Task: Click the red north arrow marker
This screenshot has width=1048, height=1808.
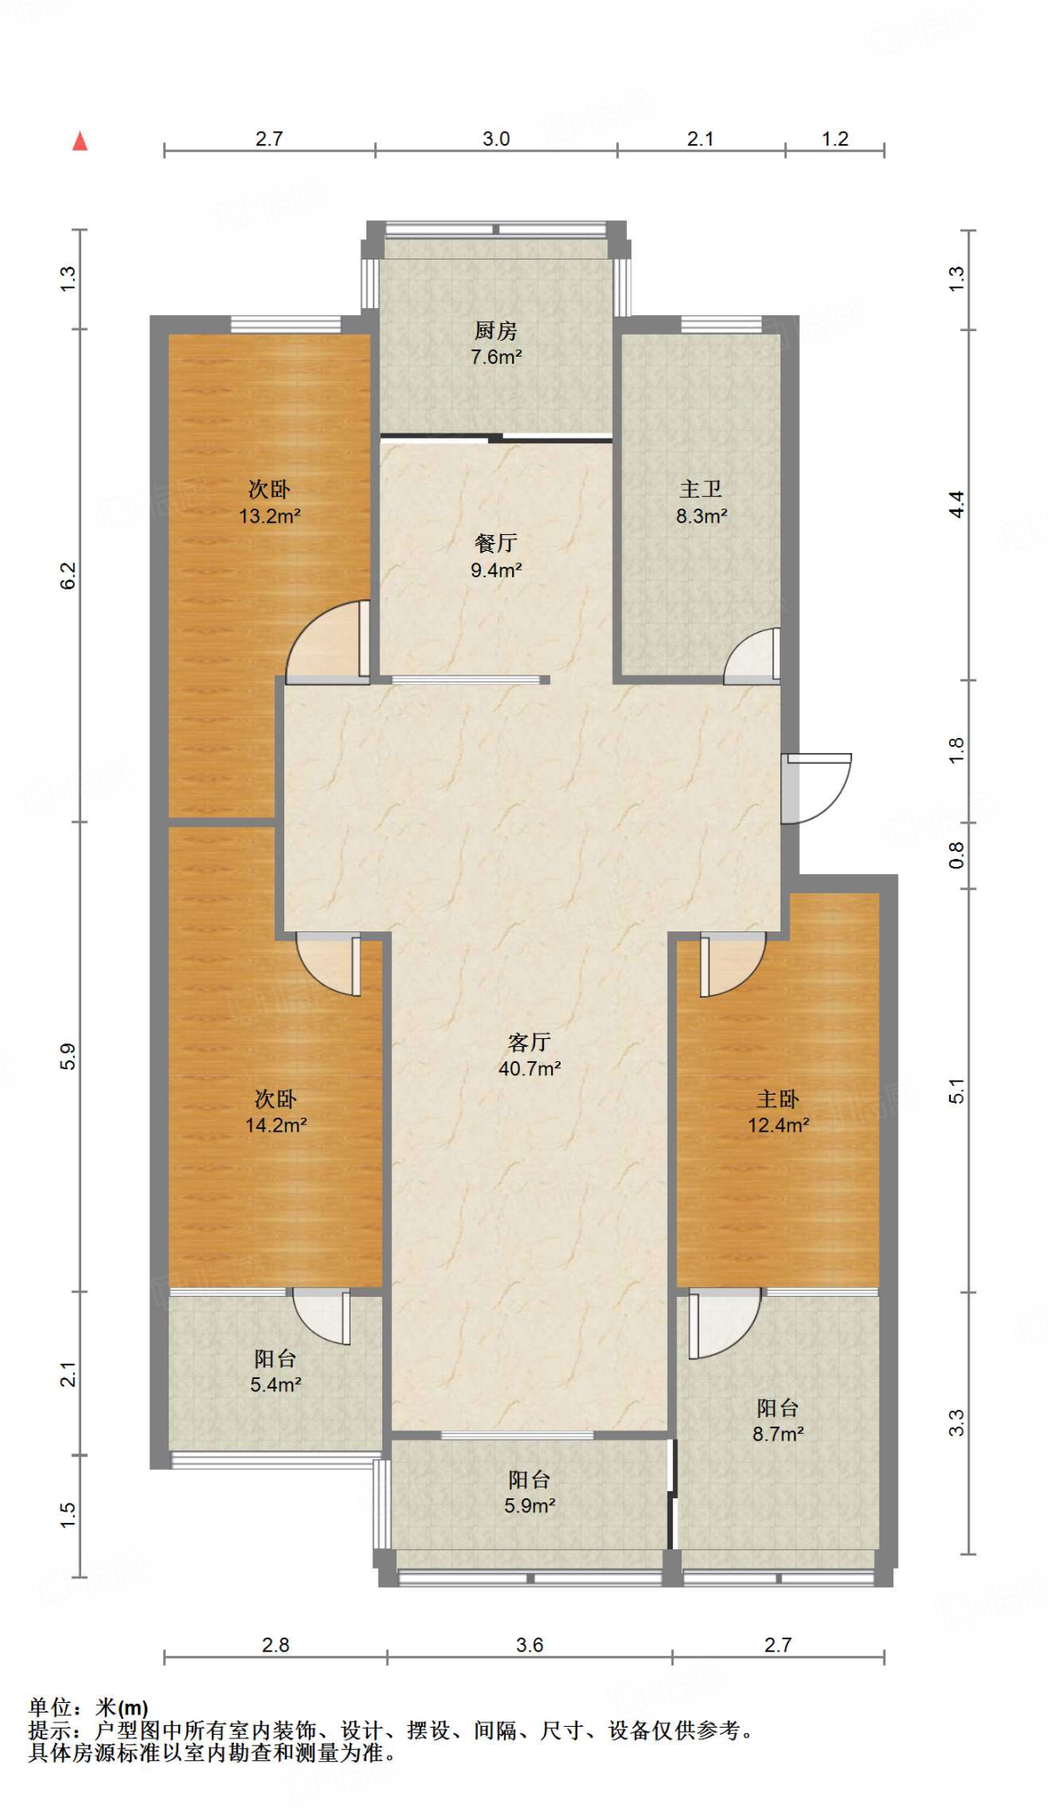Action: pos(80,140)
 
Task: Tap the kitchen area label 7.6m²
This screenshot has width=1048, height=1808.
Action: pos(496,358)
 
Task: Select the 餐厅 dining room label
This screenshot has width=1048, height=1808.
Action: pos(496,543)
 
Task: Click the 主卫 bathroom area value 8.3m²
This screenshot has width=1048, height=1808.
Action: pos(702,516)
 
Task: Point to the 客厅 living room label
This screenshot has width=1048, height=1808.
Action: pos(530,1043)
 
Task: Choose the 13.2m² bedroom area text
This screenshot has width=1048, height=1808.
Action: pos(270,516)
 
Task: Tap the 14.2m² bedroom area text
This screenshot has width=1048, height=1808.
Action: pos(276,1126)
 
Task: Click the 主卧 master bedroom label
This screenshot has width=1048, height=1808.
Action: pos(778,1099)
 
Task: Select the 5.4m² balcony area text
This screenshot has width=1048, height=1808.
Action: pos(276,1385)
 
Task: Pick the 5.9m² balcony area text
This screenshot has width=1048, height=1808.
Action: pos(530,1506)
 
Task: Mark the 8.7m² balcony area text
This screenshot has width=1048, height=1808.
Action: pos(778,1435)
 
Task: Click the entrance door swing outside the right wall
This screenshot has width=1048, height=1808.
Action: pos(817,788)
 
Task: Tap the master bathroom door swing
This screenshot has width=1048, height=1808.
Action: pos(752,655)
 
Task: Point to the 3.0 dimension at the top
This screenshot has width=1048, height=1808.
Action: pos(496,139)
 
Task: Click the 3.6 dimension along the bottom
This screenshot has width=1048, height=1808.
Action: pos(530,1645)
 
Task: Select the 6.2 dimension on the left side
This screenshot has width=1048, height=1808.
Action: pos(69,576)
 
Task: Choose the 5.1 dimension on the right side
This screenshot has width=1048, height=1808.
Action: pos(957,1091)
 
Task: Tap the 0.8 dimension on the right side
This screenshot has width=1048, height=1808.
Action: pos(957,855)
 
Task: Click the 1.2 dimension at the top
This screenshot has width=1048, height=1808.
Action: pos(835,139)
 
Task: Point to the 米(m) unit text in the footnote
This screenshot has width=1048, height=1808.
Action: pos(122,1708)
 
